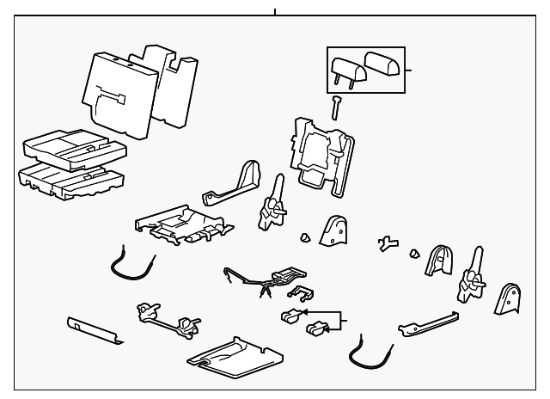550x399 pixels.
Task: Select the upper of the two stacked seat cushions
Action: (74, 147)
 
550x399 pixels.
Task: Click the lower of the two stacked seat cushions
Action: (70, 179)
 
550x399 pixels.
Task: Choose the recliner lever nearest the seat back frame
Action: (274, 206)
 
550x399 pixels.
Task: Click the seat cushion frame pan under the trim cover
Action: (180, 225)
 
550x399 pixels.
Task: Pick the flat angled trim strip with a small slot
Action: (95, 329)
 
